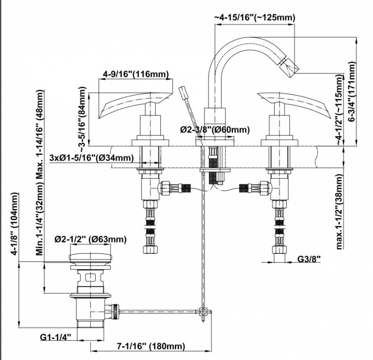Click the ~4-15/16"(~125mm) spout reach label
click(x=256, y=18)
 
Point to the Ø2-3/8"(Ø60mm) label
click(x=214, y=130)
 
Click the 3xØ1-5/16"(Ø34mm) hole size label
click(x=90, y=157)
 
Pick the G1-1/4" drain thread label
click(x=55, y=337)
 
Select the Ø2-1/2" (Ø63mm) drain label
click(x=90, y=239)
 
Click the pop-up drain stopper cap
click(x=91, y=258)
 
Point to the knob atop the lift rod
click(x=183, y=92)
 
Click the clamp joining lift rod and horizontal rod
click(x=203, y=311)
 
